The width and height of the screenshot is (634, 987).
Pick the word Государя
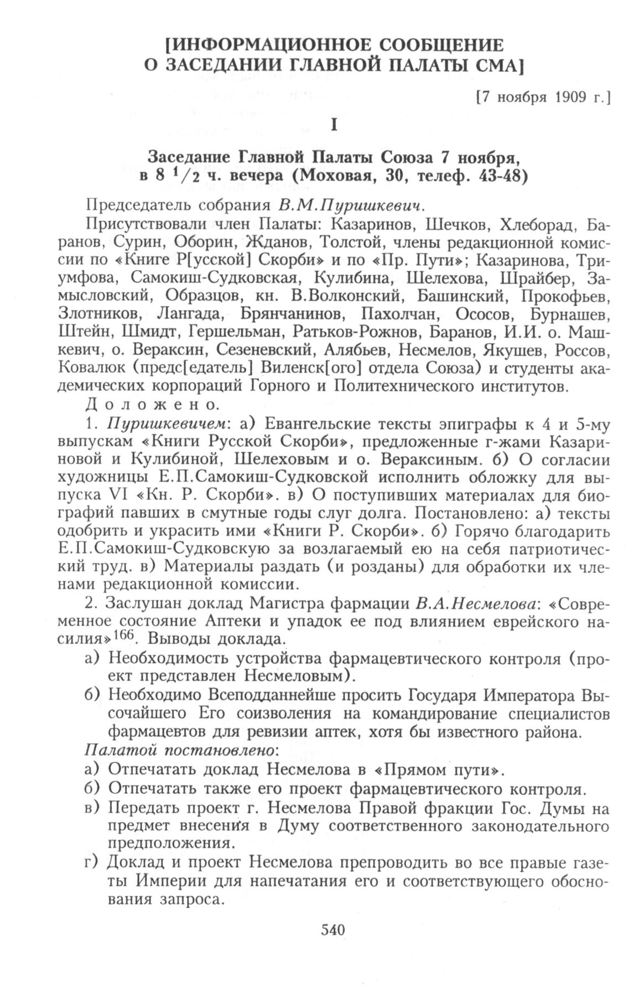(x=481, y=696)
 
